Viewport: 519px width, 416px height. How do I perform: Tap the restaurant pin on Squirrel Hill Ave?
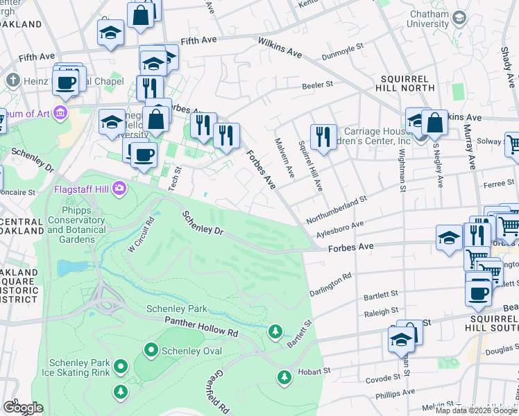[x=323, y=136]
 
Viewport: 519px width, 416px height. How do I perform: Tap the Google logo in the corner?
[x=23, y=408]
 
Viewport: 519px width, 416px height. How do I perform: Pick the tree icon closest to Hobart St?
[x=284, y=377]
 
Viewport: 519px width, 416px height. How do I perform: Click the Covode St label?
[x=381, y=379]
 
